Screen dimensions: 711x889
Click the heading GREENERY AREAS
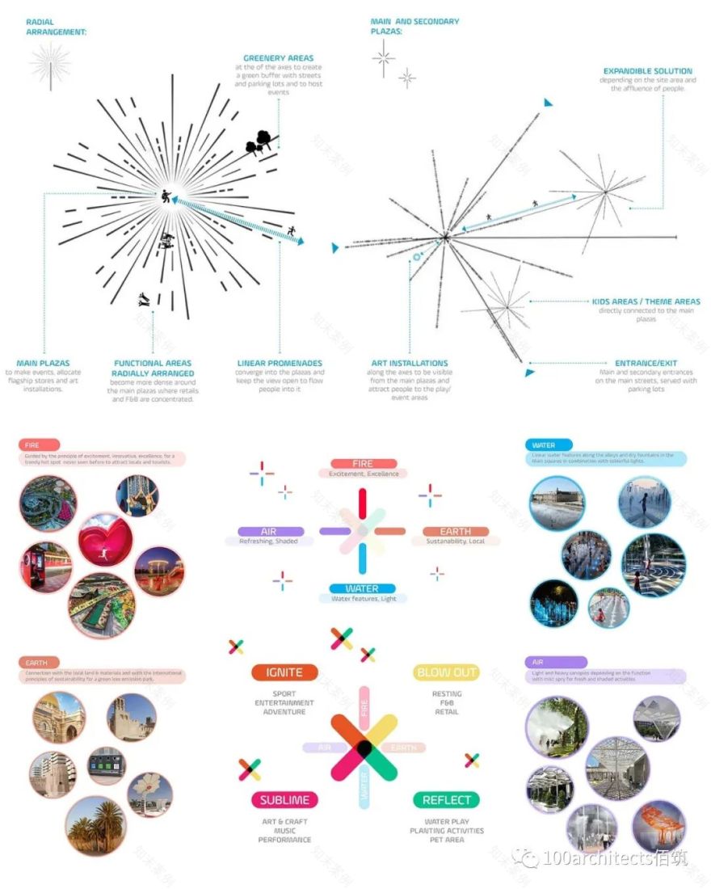[278, 58]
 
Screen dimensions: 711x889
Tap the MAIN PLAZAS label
[44, 363]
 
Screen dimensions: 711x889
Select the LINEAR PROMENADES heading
[280, 363]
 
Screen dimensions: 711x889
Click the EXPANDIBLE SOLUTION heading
[648, 71]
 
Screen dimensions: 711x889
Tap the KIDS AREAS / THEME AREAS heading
[646, 301]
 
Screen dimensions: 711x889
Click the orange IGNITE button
[284, 672]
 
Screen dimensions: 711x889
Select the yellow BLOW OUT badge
[447, 672]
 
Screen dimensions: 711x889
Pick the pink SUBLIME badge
[284, 800]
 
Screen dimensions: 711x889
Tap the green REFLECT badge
[446, 800]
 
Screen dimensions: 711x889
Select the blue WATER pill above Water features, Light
[363, 589]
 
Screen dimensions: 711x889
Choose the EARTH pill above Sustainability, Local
[455, 531]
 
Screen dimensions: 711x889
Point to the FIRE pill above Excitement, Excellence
[363, 464]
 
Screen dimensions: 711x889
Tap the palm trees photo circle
[96, 825]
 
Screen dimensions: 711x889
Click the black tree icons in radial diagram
[259, 142]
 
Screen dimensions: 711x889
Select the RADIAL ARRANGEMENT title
[56, 27]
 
